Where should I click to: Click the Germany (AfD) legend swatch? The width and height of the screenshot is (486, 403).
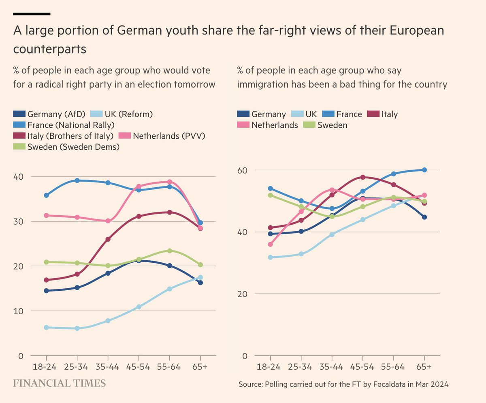19,114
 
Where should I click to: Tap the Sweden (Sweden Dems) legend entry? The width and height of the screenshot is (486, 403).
73,147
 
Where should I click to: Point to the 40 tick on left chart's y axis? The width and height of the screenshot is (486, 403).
19,176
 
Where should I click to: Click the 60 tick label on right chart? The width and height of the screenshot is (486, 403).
243,170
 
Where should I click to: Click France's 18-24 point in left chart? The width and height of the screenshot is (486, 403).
46,195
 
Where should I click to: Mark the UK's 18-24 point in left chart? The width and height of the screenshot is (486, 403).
46,327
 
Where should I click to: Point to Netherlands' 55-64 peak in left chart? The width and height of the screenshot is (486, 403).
169,182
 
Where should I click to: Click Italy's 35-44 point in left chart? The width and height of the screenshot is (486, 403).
108,239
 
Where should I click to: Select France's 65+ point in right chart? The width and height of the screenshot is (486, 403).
424,170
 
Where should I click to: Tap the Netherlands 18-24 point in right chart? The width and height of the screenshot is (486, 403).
271,244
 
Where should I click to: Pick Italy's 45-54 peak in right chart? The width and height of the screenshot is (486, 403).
363,177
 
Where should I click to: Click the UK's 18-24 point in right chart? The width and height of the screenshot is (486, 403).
271,257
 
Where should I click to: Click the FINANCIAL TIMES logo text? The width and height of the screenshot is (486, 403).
60,383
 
